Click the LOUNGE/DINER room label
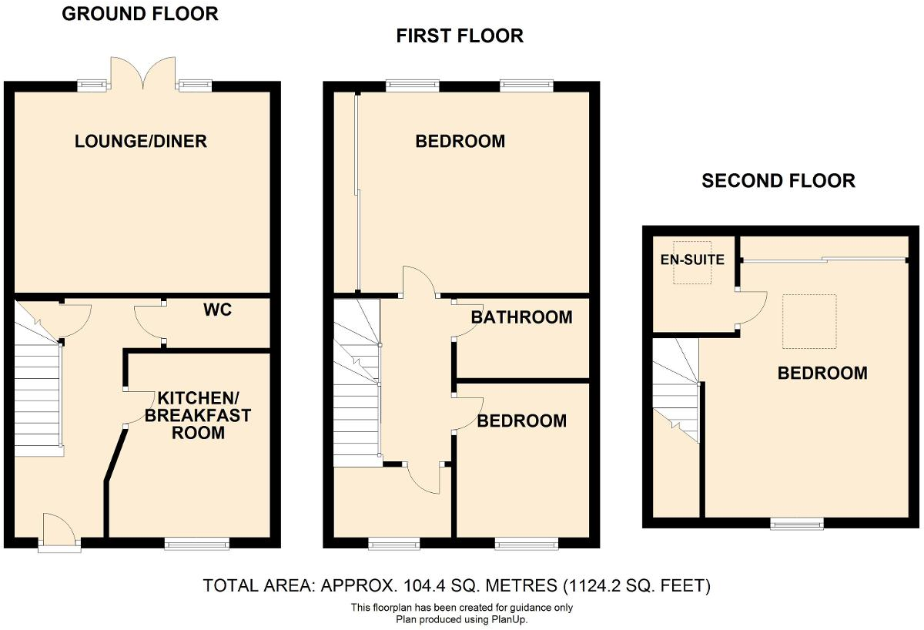tap(141, 142)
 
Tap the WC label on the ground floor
tap(218, 310)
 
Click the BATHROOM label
tap(521, 317)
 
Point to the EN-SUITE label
tap(692, 260)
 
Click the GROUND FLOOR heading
tap(140, 13)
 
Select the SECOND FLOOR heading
tap(778, 181)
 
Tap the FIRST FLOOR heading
tap(460, 36)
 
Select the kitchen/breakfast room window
tap(197, 544)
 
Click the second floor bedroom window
tap(798, 524)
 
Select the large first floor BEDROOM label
tap(460, 142)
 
